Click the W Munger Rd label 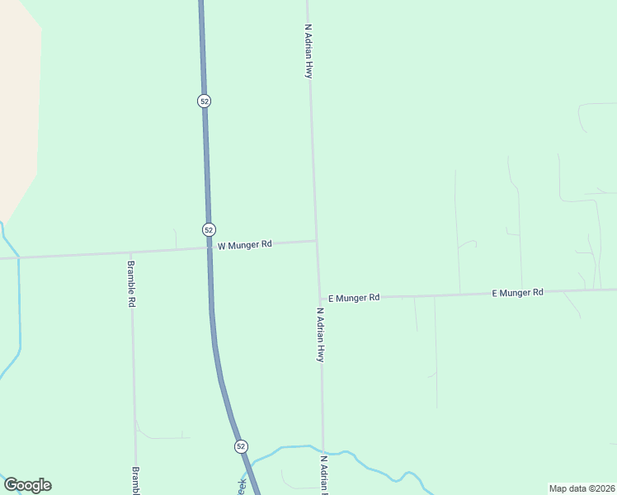click(244, 245)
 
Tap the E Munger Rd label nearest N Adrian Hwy click(354, 298)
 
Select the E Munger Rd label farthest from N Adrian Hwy click(517, 293)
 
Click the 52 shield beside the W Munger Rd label click(209, 229)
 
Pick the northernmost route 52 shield click(205, 101)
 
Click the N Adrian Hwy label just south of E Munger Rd click(320, 335)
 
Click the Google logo click(28, 485)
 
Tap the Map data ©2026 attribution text click(581, 488)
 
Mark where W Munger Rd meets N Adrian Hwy click(317, 241)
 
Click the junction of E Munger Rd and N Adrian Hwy click(320, 298)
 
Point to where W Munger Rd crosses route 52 click(209, 247)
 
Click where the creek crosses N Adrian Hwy click(323, 450)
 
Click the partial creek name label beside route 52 click(242, 486)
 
